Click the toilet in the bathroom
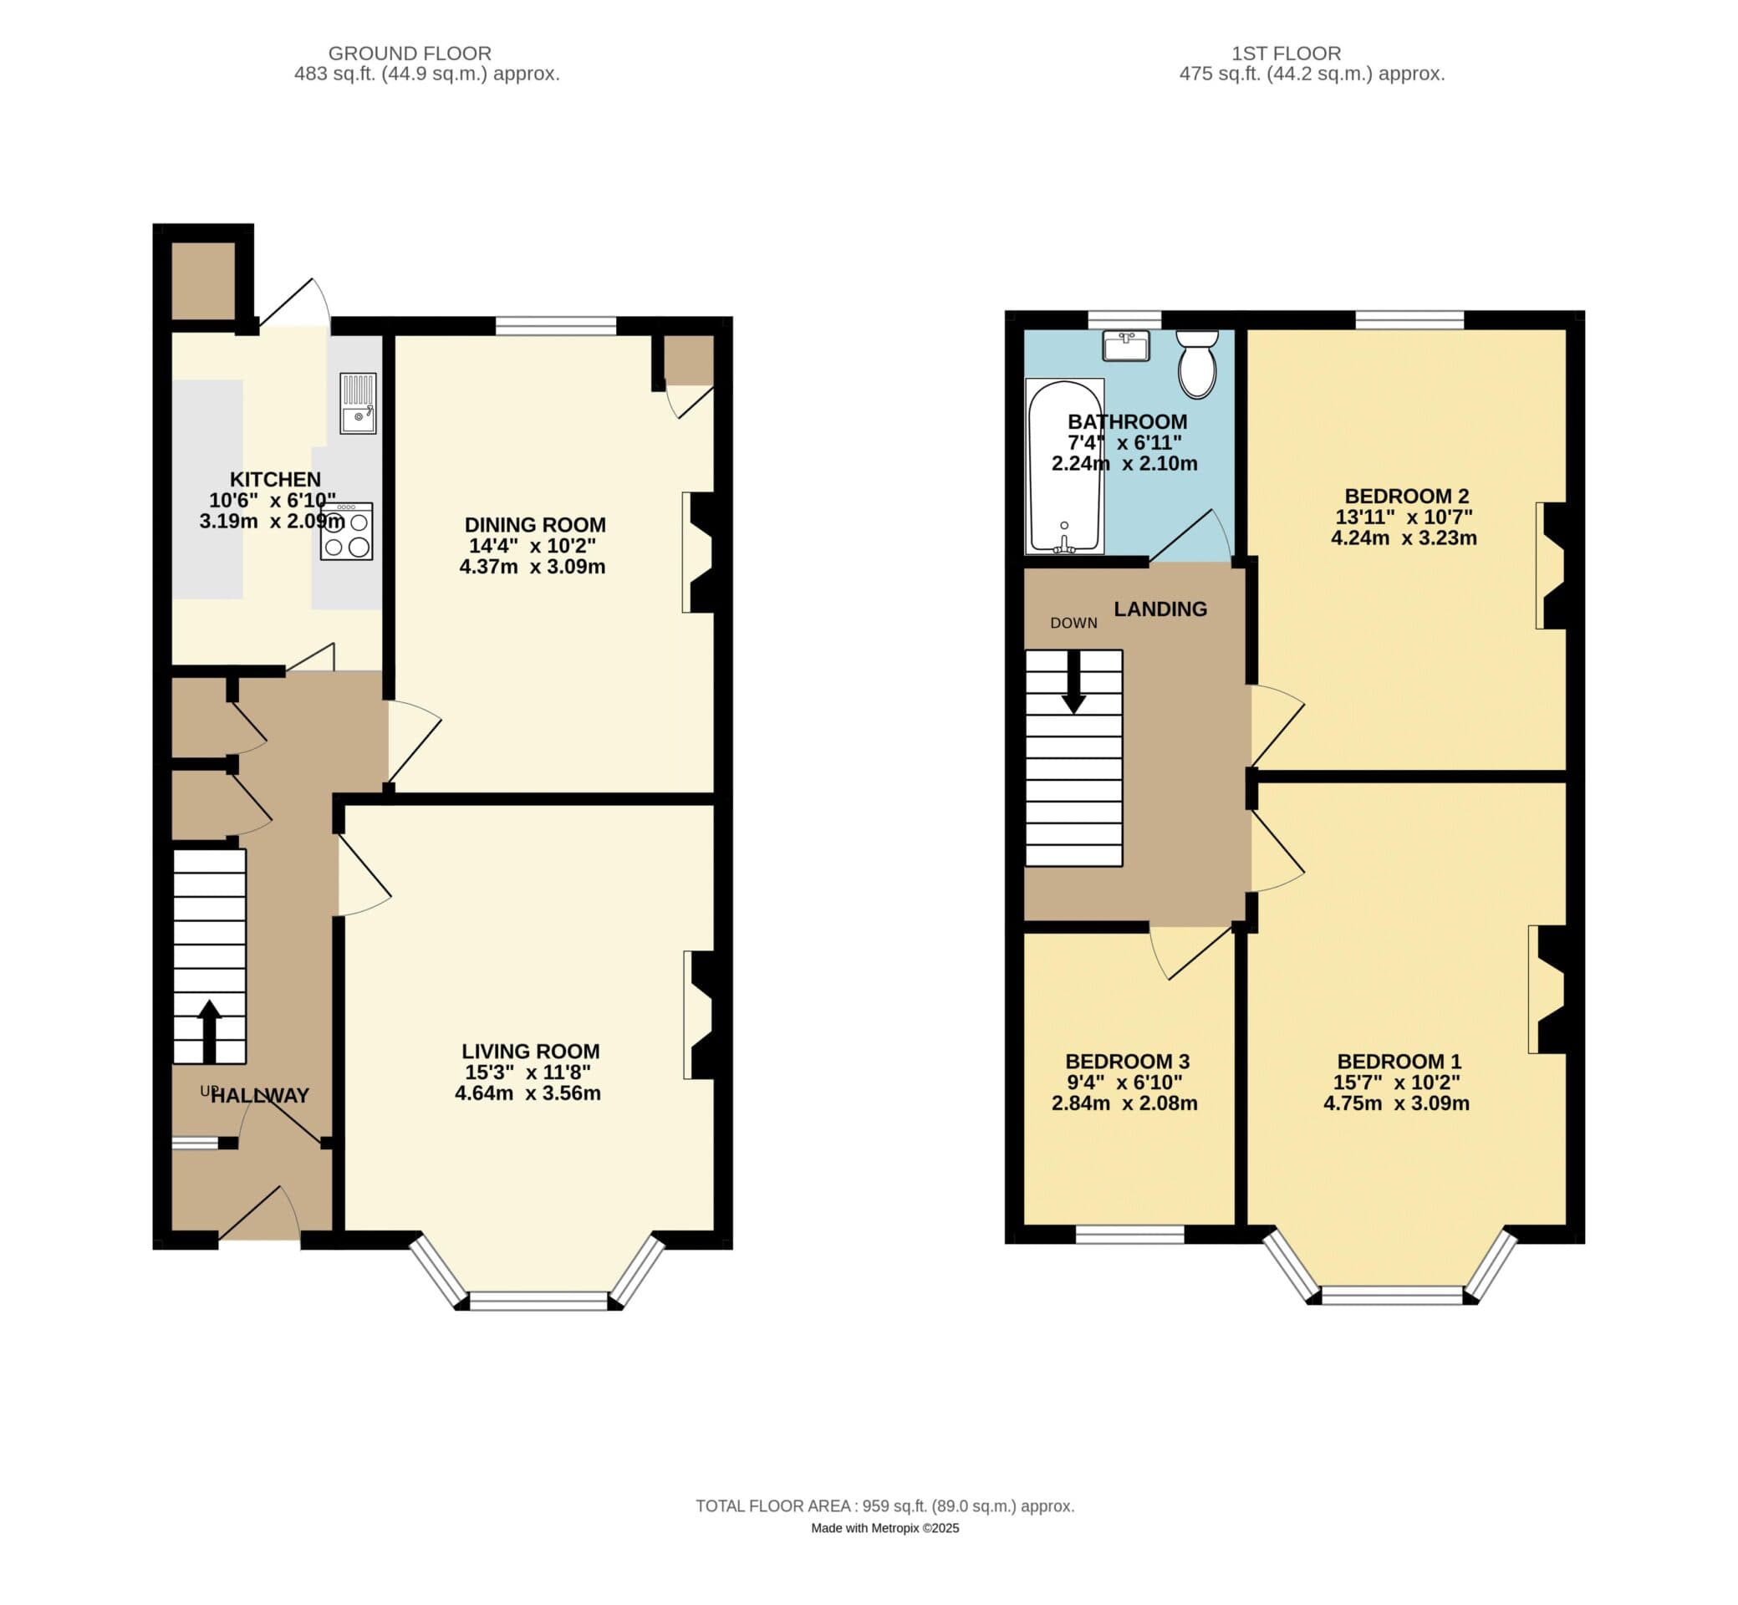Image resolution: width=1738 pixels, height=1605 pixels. click(x=1197, y=364)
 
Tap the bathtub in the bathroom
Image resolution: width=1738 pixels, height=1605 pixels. click(x=1065, y=466)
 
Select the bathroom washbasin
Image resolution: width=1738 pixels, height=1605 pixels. click(x=1126, y=344)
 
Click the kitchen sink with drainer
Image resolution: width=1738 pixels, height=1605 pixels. click(x=358, y=403)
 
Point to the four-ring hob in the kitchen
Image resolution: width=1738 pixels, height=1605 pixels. click(x=347, y=531)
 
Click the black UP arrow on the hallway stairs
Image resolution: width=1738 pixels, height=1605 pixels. click(x=209, y=1032)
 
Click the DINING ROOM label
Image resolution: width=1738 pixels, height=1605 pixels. click(x=535, y=525)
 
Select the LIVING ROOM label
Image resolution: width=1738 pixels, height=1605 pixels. click(x=531, y=1051)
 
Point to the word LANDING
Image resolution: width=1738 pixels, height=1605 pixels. click(x=1160, y=609)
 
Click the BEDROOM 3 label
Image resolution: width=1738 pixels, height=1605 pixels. click(x=1128, y=1062)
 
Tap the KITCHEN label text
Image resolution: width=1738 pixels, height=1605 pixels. click(x=275, y=478)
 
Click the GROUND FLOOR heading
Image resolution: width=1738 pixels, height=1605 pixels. click(x=410, y=53)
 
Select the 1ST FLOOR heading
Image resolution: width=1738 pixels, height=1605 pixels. click(x=1287, y=53)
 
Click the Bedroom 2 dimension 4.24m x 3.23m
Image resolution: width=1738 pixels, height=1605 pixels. click(x=1404, y=538)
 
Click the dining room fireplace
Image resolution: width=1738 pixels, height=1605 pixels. click(x=699, y=553)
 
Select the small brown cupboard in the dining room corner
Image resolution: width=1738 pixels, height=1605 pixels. click(x=690, y=359)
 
